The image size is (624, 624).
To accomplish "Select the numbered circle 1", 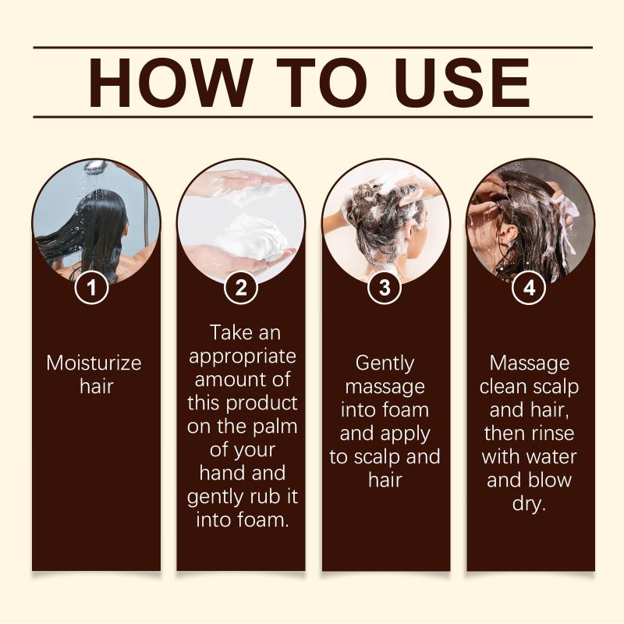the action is (92, 287).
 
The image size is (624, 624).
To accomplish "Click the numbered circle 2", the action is (241, 287).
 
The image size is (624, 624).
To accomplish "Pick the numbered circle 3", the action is (385, 287).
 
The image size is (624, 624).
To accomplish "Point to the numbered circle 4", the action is (530, 287).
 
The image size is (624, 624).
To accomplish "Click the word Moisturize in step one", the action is (94, 363).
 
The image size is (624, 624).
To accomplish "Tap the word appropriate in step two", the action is (243, 357).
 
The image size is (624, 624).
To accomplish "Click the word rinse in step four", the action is (551, 434).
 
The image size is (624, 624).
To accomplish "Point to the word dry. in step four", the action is (529, 505).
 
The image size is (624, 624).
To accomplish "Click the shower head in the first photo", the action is (94, 165).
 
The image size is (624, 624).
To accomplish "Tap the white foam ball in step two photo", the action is (249, 239).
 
